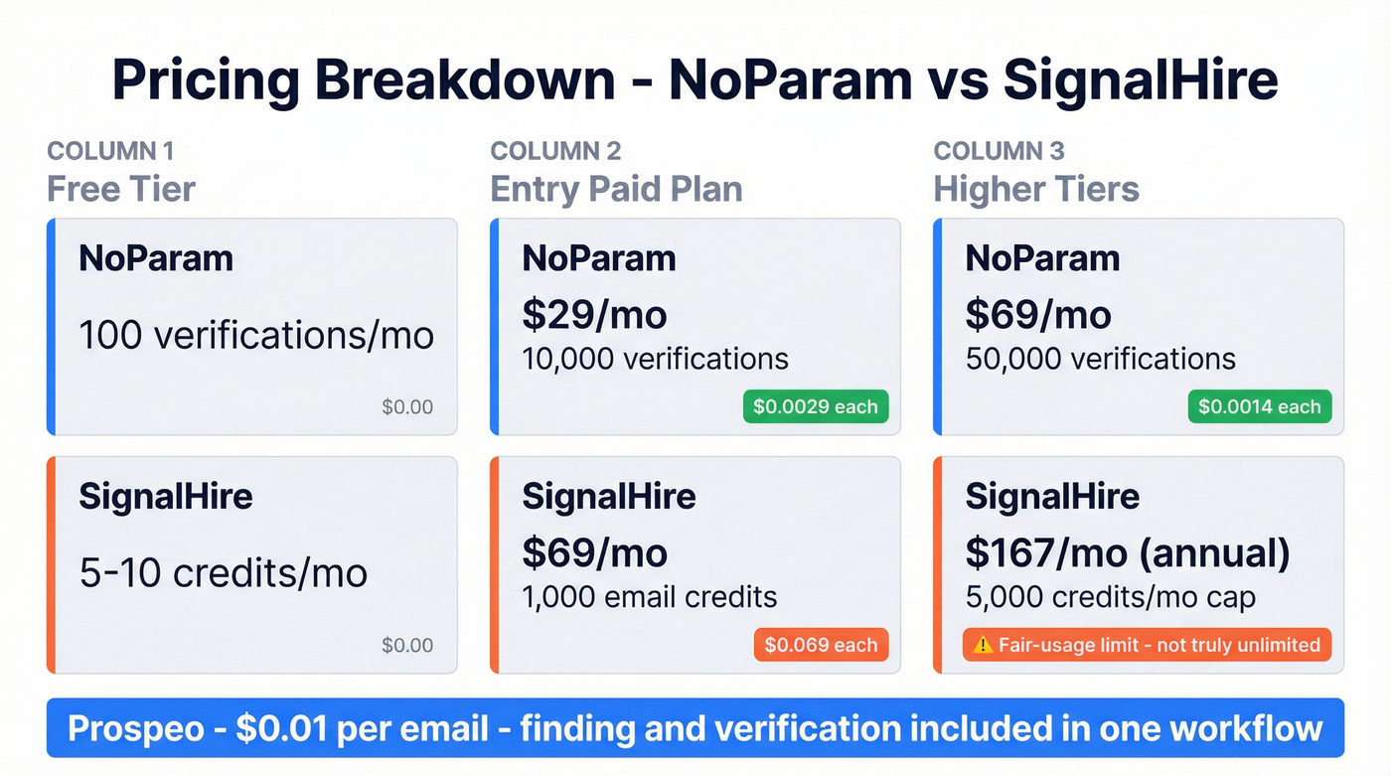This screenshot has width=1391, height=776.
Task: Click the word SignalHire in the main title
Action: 1140,79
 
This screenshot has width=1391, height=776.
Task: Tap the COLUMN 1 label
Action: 110,151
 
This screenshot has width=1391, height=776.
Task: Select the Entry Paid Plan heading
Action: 616,189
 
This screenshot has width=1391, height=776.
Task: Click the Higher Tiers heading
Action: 1036,189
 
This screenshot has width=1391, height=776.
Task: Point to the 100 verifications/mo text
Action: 256,335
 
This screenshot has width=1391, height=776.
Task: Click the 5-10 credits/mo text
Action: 223,573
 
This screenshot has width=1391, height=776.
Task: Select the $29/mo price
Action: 594,315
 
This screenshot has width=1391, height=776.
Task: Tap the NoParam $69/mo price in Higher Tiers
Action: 1037,315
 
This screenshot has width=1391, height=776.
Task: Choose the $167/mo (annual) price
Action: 1127,553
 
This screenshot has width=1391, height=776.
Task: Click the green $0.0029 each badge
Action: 815,406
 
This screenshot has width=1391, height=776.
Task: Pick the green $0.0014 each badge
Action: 1259,406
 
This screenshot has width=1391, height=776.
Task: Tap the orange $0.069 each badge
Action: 821,645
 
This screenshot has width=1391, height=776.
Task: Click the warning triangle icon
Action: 983,645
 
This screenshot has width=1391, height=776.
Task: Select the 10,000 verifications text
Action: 655,359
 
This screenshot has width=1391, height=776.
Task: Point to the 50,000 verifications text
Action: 1100,359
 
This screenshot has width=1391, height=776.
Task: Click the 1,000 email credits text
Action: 649,597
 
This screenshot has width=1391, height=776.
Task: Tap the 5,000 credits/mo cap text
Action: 1110,597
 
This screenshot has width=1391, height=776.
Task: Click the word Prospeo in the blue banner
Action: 141,728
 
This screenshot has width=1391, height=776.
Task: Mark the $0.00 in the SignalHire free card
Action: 407,646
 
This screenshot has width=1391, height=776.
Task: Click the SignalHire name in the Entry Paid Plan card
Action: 608,496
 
